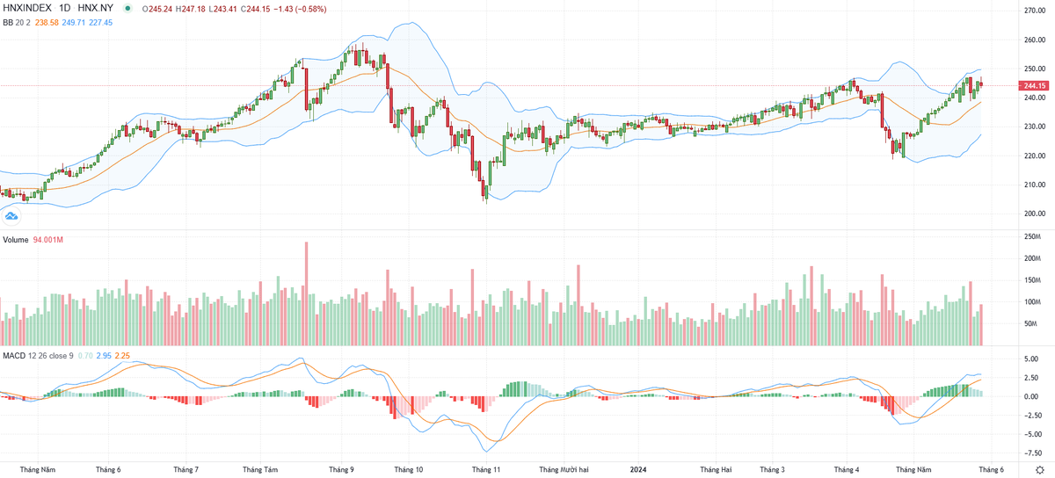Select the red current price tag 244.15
pos(1033,85)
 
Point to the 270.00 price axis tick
pos(1034,11)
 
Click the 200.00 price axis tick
pos(1034,214)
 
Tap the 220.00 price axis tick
pos(1034,156)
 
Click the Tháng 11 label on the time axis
pos(486,469)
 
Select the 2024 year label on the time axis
pos(638,469)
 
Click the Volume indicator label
pos(15,240)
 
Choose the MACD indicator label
pos(13,355)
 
